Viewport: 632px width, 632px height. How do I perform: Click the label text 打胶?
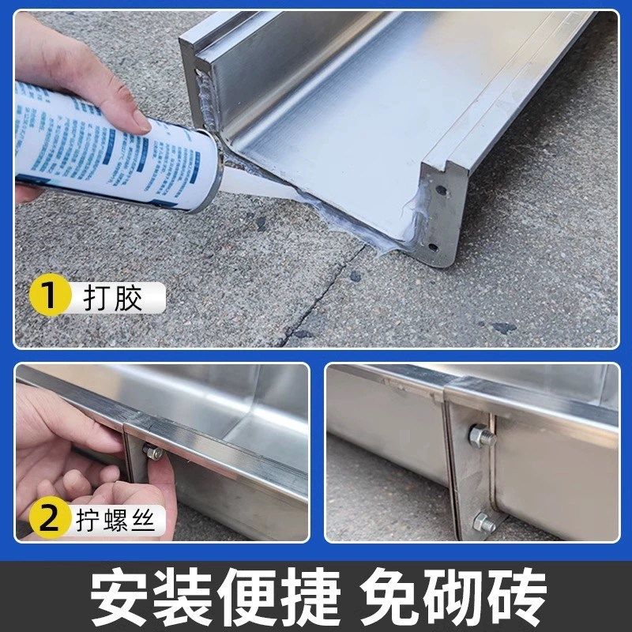coord(113,299)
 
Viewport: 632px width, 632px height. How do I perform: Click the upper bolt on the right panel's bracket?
coord(479,435)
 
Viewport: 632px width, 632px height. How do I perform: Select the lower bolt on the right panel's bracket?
coord(483,521)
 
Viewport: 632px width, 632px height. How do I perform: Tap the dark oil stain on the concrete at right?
coord(501,326)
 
